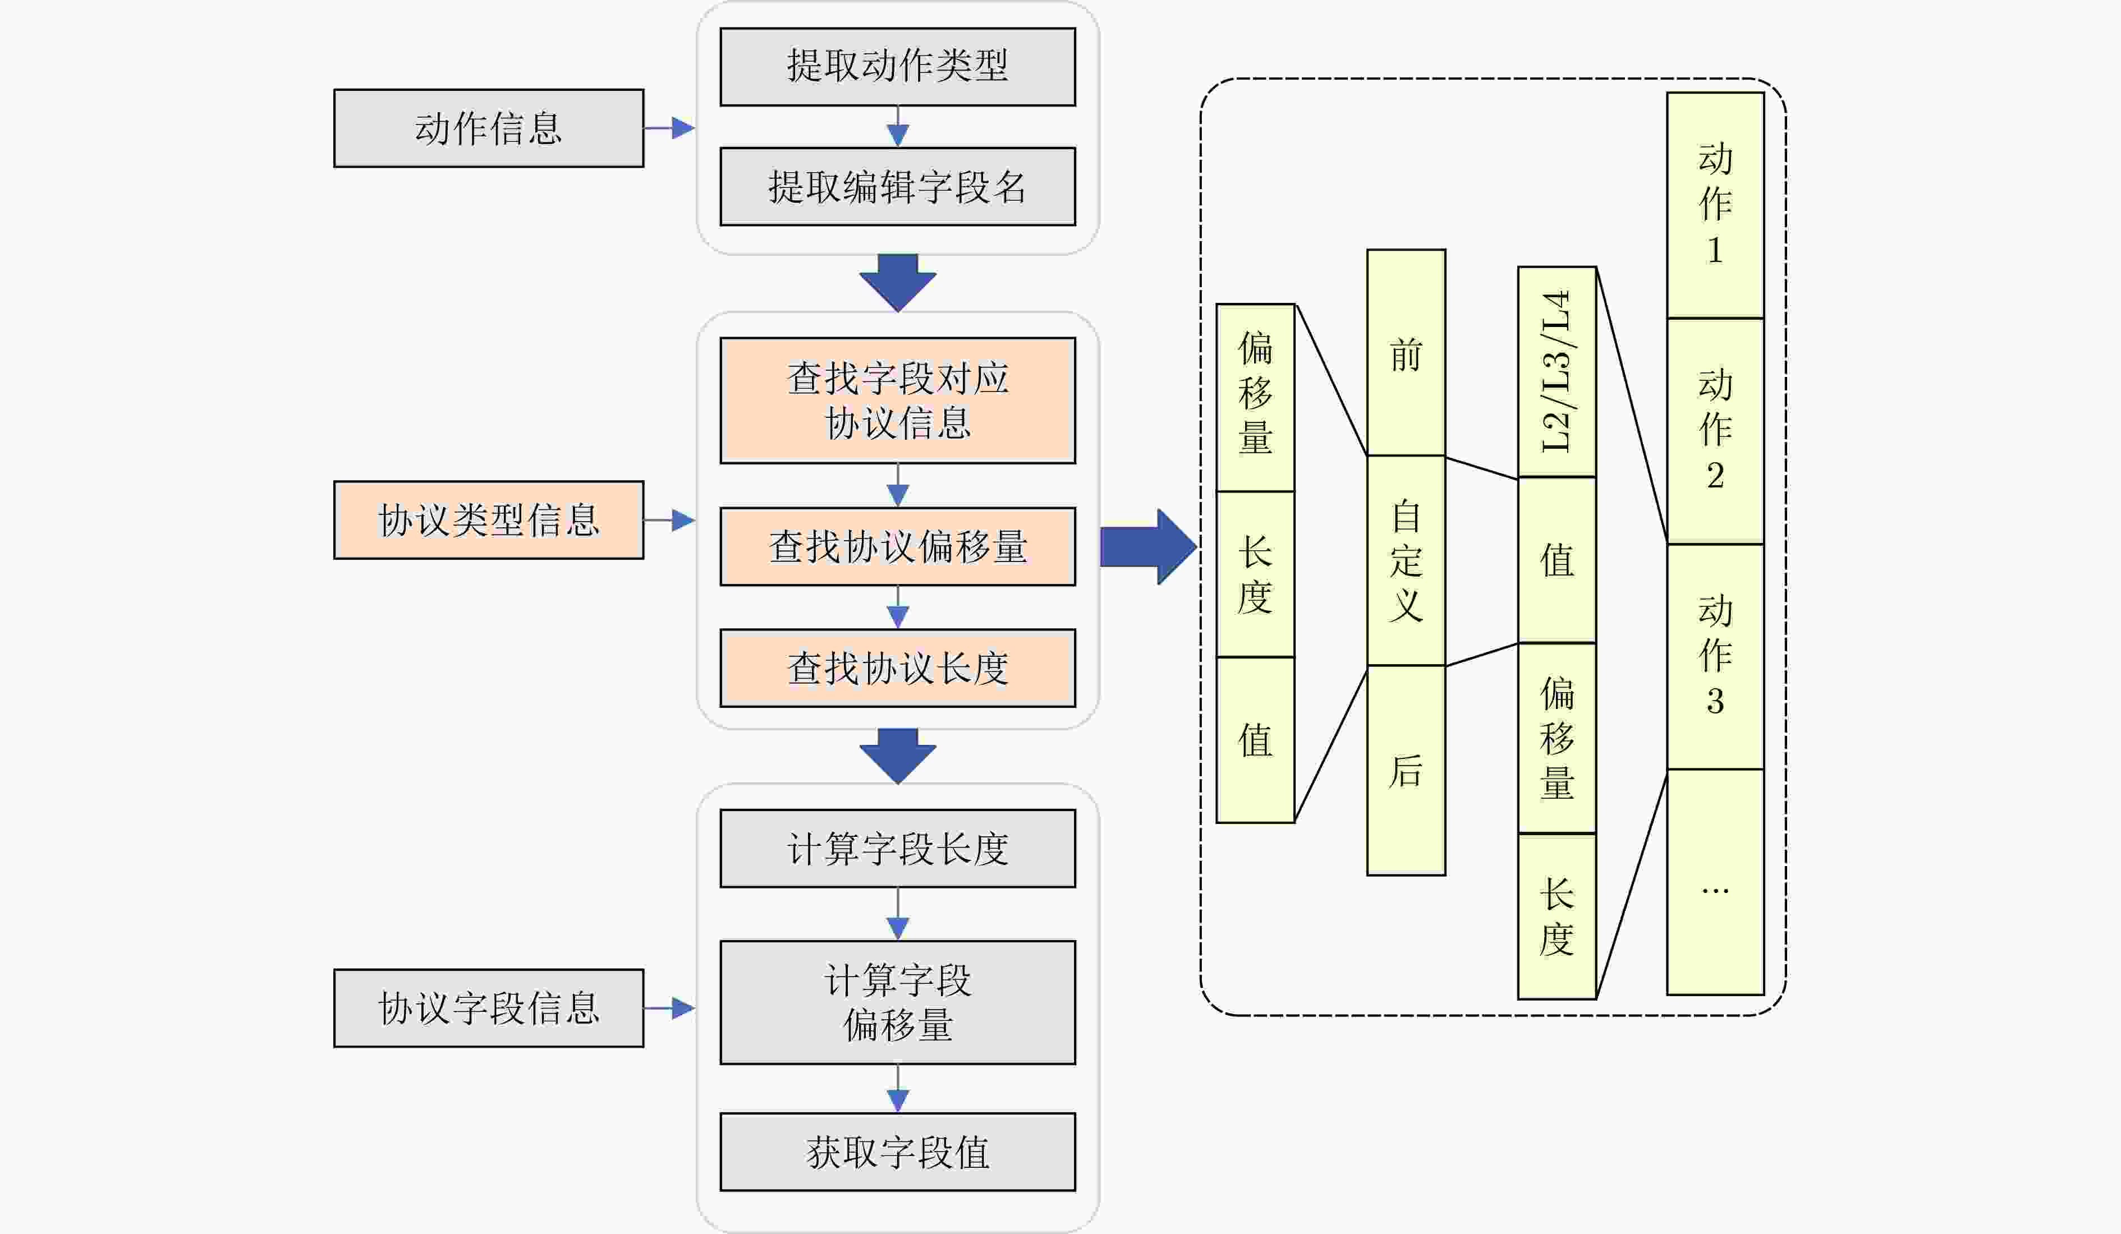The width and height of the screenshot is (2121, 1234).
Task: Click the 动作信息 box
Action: [x=488, y=128]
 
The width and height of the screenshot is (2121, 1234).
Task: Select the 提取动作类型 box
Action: [x=897, y=66]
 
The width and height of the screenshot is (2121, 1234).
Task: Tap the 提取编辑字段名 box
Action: [x=897, y=187]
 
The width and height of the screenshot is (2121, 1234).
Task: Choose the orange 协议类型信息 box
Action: [x=488, y=520]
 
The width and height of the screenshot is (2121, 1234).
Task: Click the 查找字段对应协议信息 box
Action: [x=897, y=400]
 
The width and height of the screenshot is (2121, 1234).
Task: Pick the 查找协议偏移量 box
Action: [x=897, y=547]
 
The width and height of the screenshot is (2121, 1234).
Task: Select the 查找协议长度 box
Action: [x=897, y=668]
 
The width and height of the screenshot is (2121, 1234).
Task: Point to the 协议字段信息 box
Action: [x=488, y=1008]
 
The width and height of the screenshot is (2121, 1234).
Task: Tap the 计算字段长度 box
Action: [x=897, y=848]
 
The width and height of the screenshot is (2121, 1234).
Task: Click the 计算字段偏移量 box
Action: [x=897, y=1002]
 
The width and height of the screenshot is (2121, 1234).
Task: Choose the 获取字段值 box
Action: [x=897, y=1152]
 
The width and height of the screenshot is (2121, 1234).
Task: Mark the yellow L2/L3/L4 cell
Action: [x=1557, y=372]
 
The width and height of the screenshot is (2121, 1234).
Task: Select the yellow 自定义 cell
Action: [x=1406, y=560]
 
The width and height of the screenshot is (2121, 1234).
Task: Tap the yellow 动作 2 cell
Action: [x=1715, y=431]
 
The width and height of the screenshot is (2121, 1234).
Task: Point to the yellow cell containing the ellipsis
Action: [x=1715, y=882]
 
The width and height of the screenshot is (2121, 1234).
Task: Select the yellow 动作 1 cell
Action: [x=1715, y=205]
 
